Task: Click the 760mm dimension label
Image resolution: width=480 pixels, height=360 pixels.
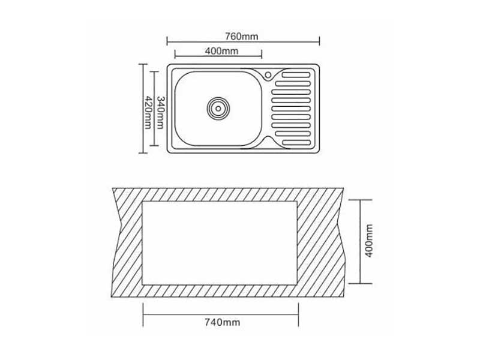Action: click(242, 37)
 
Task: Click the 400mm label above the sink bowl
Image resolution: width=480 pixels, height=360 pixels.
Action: click(221, 51)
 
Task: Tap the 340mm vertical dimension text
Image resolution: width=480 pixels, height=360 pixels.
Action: click(160, 113)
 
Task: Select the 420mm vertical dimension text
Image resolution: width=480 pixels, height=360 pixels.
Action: click(148, 113)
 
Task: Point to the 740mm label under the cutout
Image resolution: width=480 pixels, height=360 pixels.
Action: click(222, 322)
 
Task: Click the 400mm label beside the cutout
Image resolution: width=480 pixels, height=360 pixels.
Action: click(369, 241)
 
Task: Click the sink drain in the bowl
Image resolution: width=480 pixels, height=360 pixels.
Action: click(218, 109)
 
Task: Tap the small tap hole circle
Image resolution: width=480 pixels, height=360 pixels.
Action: click(268, 74)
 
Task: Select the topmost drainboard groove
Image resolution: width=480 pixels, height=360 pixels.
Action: click(296, 75)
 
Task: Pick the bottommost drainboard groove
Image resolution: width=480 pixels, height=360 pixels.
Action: click(296, 142)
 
